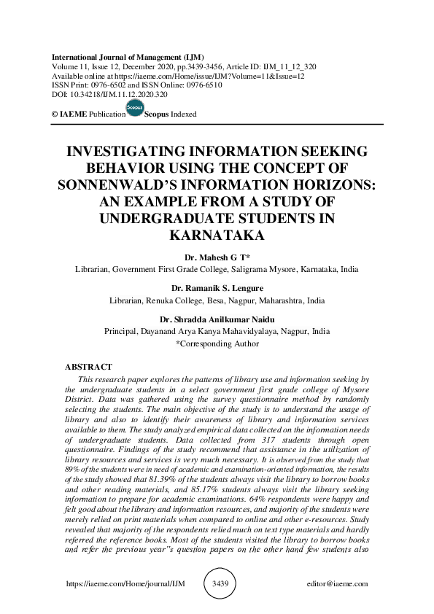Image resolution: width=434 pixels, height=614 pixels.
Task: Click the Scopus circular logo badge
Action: point(135,109)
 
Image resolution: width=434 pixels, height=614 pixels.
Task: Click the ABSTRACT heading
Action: point(89,367)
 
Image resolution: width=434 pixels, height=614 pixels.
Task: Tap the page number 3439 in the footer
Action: point(220,583)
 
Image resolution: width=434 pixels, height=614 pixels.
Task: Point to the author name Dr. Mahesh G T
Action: point(217,257)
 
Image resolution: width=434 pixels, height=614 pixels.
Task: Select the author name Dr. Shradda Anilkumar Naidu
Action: point(217,319)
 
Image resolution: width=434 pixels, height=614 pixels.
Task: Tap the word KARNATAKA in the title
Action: point(217,235)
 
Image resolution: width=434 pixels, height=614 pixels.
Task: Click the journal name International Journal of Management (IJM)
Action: point(128,57)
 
